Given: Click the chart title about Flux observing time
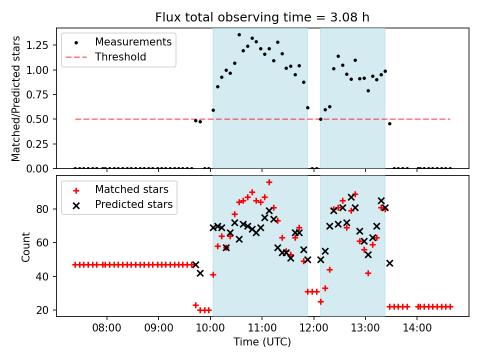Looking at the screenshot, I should pyautogui.click(x=262, y=18).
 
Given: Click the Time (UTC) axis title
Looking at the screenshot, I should pyautogui.click(x=262, y=342).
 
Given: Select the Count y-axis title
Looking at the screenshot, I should pyautogui.click(x=26, y=246).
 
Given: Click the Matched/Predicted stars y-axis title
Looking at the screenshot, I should pyautogui.click(x=16, y=98).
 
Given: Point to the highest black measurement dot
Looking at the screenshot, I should pyautogui.click(x=239, y=35).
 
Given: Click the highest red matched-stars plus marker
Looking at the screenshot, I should pyautogui.click(x=269, y=182).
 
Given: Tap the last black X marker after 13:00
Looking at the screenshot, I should pyautogui.click(x=389, y=263).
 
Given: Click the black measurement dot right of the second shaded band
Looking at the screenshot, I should pyautogui.click(x=389, y=123).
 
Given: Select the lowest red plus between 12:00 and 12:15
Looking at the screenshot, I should pyautogui.click(x=320, y=301).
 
